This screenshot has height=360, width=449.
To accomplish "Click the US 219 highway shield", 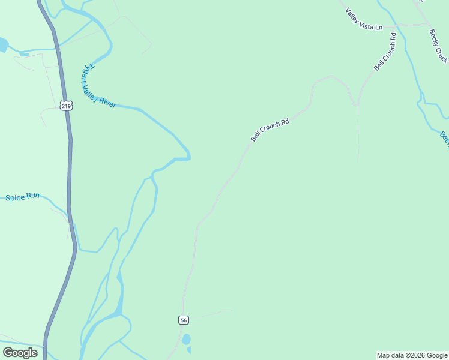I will pyautogui.click(x=66, y=106).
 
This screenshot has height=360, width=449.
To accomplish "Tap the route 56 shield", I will pyautogui.click(x=184, y=320).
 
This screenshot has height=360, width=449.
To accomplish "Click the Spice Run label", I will pyautogui.click(x=22, y=197).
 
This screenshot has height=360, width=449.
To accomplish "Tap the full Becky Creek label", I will pyautogui.click(x=438, y=46).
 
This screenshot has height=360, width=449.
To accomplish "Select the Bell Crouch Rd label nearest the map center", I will pyautogui.click(x=270, y=130).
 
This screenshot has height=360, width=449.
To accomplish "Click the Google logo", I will pyautogui.click(x=20, y=353).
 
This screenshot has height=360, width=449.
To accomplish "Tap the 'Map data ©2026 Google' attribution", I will pyautogui.click(x=412, y=355).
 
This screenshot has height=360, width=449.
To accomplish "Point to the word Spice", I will pyautogui.click(x=14, y=197).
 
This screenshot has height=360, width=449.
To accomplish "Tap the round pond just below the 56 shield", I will pyautogui.click(x=186, y=340).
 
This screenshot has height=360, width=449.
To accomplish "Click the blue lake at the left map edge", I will pyautogui.click(x=3, y=45).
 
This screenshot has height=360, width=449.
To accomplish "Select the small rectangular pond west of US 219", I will pyautogui.click(x=24, y=55).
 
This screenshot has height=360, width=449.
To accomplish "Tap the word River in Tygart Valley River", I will pyautogui.click(x=107, y=103).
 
